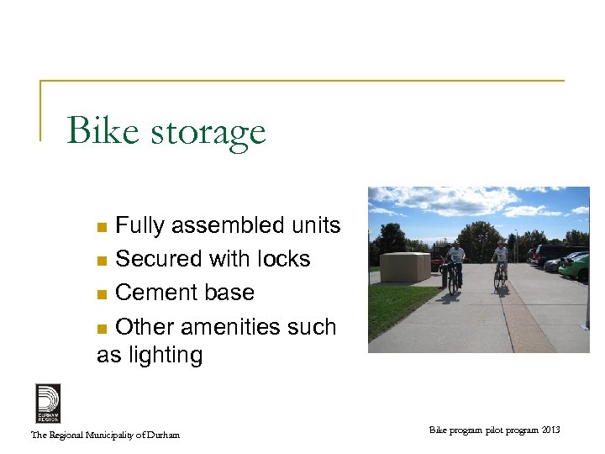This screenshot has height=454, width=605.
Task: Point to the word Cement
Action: click(150, 293)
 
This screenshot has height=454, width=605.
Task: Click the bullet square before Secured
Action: click(102, 261)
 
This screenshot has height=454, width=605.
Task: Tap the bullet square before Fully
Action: click(102, 227)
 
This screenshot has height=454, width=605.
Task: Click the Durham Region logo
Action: click(48, 403)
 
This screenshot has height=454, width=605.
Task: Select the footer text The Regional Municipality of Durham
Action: click(105, 435)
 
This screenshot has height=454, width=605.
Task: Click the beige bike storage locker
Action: click(405, 267)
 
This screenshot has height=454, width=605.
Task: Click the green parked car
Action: click(576, 268)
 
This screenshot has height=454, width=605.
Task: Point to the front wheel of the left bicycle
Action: click(454, 282)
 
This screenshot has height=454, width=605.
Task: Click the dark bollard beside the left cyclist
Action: click(443, 278)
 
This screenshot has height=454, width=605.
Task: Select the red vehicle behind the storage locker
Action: click(436, 262)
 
